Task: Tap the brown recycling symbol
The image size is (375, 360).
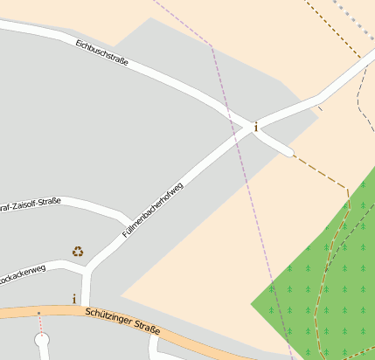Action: (x=78, y=252)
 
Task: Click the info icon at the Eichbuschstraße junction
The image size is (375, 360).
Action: (x=255, y=128)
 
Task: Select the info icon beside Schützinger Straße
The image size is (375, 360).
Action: (x=74, y=299)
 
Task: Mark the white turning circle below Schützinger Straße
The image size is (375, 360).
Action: (x=41, y=341)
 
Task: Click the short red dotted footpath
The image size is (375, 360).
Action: (x=39, y=324)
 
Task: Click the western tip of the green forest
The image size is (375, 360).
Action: (x=253, y=304)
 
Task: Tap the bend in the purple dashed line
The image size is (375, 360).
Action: (x=212, y=45)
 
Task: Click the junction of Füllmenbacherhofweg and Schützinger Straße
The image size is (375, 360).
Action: (x=86, y=308)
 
